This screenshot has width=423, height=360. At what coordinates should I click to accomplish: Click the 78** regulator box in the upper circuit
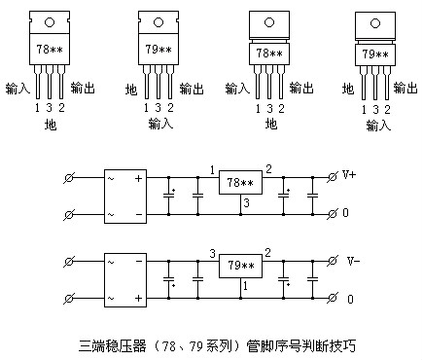click(239, 182)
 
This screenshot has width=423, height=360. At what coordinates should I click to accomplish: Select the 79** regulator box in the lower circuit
click(239, 265)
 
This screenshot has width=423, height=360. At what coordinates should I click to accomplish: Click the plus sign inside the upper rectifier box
click(138, 179)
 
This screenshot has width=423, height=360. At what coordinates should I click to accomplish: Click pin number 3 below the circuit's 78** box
click(247, 202)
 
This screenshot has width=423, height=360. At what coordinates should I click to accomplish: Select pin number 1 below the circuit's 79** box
click(246, 285)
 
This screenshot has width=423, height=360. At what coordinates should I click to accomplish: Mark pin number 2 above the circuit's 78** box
click(268, 169)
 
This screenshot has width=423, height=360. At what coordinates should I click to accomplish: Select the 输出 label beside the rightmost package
click(408, 90)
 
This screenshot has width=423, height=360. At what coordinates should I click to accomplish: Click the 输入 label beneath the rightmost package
click(377, 126)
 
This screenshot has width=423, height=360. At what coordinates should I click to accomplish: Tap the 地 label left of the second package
click(131, 90)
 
